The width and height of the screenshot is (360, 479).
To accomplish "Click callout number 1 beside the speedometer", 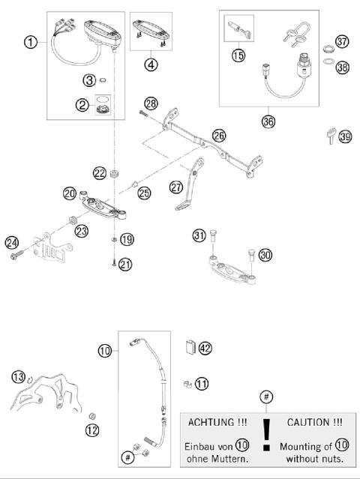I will click(29, 43).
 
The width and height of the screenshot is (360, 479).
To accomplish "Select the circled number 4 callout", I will click(152, 64).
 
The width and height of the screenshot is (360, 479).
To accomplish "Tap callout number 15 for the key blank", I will click(238, 55).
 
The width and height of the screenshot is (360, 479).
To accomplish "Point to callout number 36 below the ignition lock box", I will click(268, 119).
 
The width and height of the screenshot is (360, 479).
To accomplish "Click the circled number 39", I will click(344, 136).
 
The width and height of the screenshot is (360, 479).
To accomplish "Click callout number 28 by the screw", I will click(151, 103).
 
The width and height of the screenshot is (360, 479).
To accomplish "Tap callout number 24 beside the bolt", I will click(11, 241).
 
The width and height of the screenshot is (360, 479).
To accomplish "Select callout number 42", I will click(205, 347).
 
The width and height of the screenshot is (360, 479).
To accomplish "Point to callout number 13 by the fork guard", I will click(18, 376).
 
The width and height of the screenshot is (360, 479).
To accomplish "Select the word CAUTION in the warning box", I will click(314, 423).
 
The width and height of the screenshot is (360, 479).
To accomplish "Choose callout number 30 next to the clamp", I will click(265, 255).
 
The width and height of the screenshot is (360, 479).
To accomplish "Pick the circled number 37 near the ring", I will click(342, 41).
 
